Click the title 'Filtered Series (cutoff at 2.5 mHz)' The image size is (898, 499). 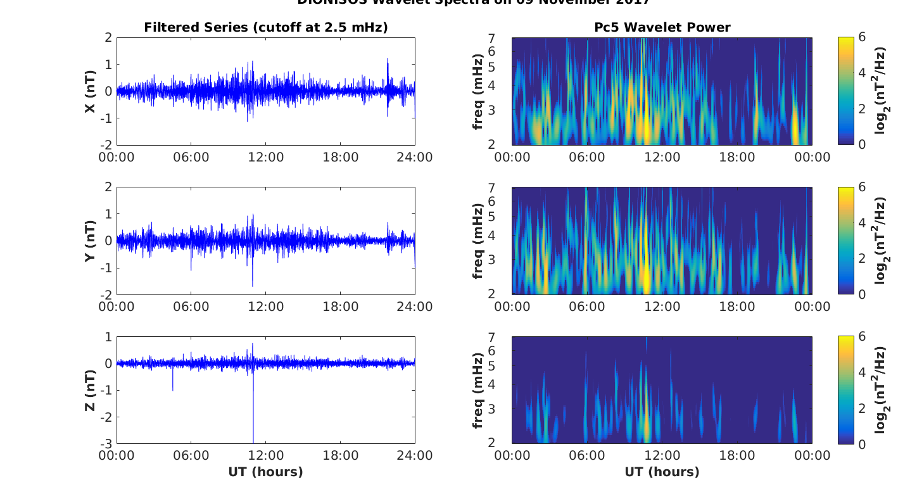(266, 27)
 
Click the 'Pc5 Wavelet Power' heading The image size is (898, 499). (662, 27)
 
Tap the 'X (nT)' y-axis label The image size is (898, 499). (91, 91)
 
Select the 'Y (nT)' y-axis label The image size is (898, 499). (91, 241)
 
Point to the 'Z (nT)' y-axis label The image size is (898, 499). (91, 390)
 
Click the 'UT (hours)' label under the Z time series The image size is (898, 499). (266, 472)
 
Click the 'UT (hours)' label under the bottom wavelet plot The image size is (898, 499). (662, 472)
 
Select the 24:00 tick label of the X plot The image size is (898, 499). (415, 157)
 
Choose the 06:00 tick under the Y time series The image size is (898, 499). (191, 306)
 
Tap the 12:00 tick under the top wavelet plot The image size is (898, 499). (662, 157)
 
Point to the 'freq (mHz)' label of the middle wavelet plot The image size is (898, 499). (478, 241)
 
